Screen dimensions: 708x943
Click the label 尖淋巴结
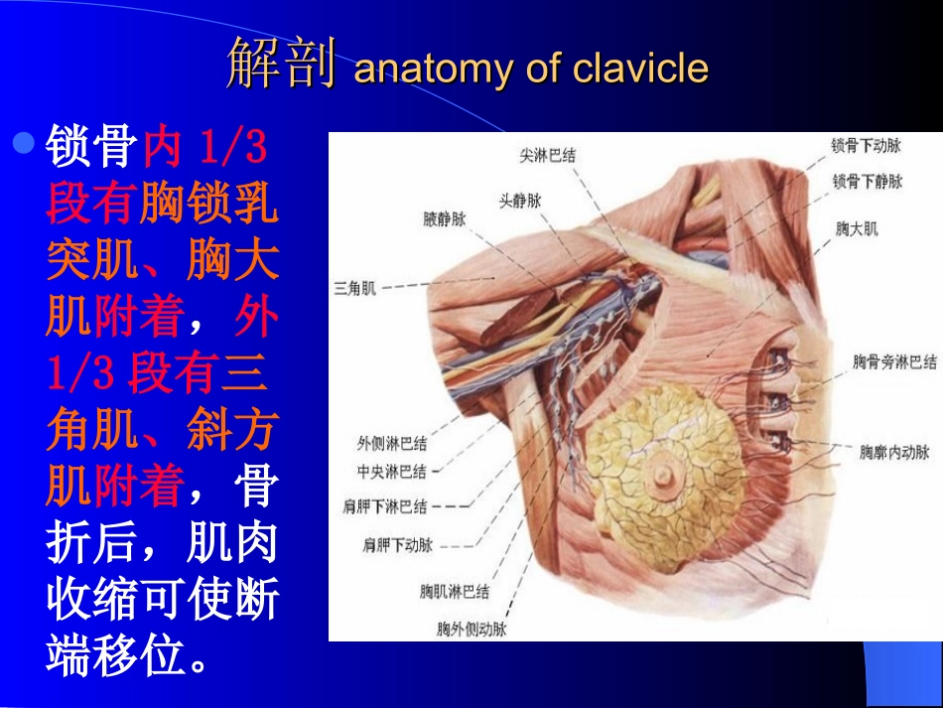pos(548,156)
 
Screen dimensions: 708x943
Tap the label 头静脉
pos(519,200)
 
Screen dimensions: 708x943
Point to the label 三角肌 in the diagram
pos(354,289)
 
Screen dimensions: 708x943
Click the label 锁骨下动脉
pos(867,146)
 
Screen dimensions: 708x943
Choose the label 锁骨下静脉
pos(867,182)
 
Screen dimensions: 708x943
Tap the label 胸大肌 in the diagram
pos(857,229)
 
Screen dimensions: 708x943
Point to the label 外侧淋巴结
pos(392,444)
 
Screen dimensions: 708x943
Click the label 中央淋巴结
pos(392,471)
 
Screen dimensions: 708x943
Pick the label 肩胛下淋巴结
pos(385,506)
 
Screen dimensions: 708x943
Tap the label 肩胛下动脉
pos(398,544)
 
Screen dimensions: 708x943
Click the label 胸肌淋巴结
pos(454,592)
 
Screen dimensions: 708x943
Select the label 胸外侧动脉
pos(471,630)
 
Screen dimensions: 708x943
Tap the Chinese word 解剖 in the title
pos(283,66)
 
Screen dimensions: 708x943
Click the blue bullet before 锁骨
pos(25,145)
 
